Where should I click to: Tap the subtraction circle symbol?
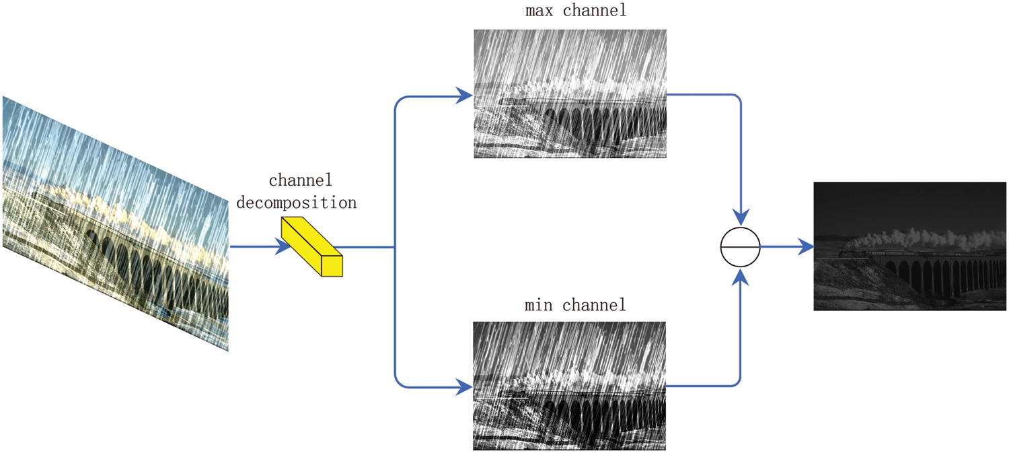click(740, 247)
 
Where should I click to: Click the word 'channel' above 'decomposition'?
click(301, 180)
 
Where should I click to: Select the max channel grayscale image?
click(570, 94)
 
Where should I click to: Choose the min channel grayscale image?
click(569, 386)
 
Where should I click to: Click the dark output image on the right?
click(909, 246)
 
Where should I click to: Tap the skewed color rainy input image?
click(114, 222)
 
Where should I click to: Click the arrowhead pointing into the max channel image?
click(465, 95)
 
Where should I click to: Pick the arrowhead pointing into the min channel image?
click(465, 387)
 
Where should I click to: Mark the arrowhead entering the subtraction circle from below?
click(740, 277)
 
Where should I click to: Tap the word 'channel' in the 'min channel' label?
click(594, 305)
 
